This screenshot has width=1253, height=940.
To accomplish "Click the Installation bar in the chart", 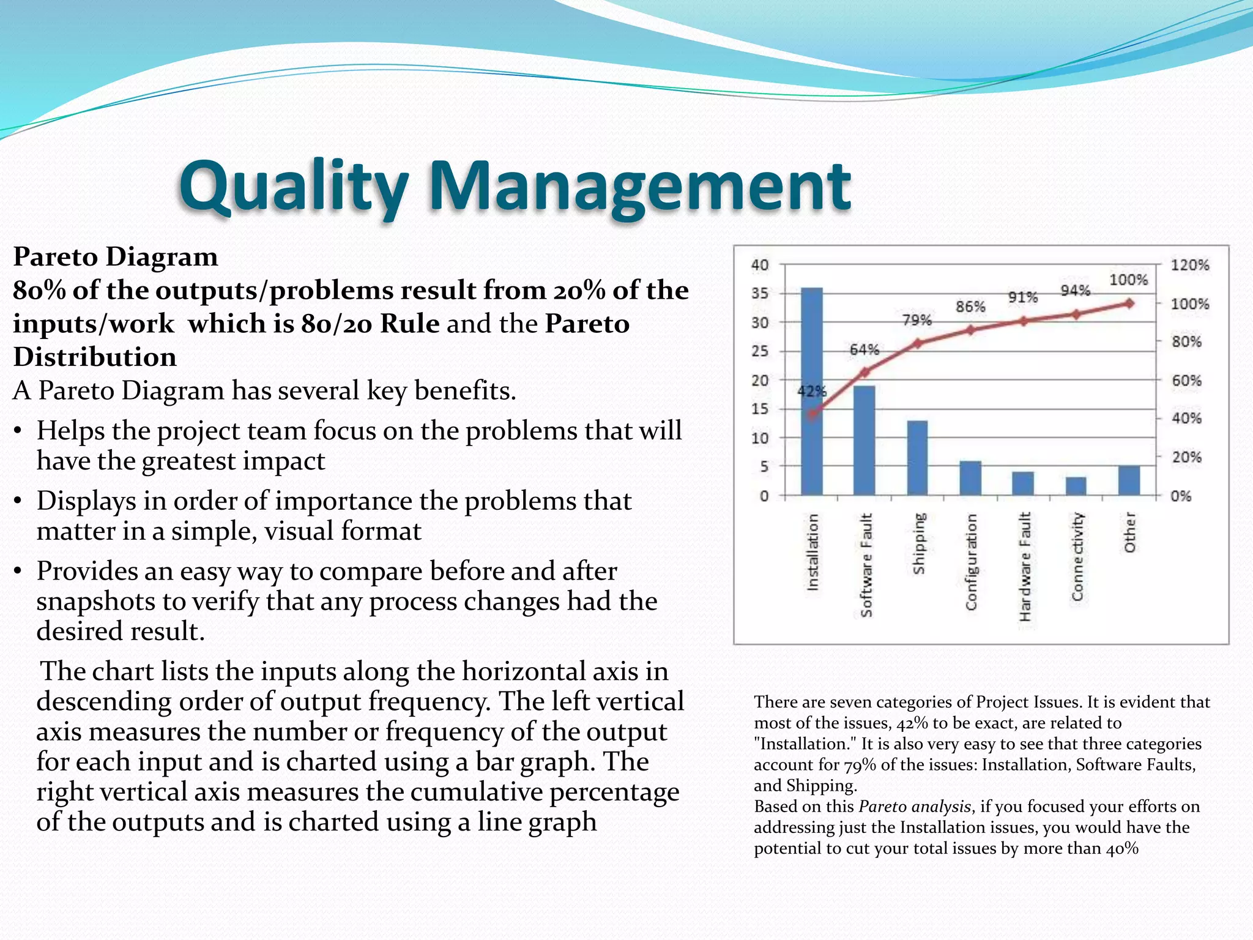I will point(812,392).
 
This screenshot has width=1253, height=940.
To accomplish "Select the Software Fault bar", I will point(864,441).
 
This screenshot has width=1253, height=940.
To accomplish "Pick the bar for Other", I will point(1129,480).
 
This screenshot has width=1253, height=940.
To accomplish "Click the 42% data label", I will point(812,391).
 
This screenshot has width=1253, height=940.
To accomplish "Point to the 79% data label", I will point(917,320).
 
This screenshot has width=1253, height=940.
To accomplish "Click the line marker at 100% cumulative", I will point(1129,304).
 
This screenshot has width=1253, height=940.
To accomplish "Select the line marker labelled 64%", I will point(865,371).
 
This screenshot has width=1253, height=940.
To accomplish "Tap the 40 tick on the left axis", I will point(760,265).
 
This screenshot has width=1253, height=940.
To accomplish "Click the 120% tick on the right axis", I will point(1189,265).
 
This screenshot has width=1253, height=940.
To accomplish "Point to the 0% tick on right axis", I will point(1181,496).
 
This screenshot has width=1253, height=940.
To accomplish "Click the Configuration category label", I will point(971,562).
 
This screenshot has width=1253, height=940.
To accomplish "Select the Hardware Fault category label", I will point(1025,566).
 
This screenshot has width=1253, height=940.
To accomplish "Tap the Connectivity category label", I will point(1077,557).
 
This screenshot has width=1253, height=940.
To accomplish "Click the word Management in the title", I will point(639,187).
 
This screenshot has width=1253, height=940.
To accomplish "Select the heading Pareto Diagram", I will point(115,257).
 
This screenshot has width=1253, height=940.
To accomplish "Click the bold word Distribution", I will point(95,357).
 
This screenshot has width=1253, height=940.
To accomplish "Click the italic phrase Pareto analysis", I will point(915,807).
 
